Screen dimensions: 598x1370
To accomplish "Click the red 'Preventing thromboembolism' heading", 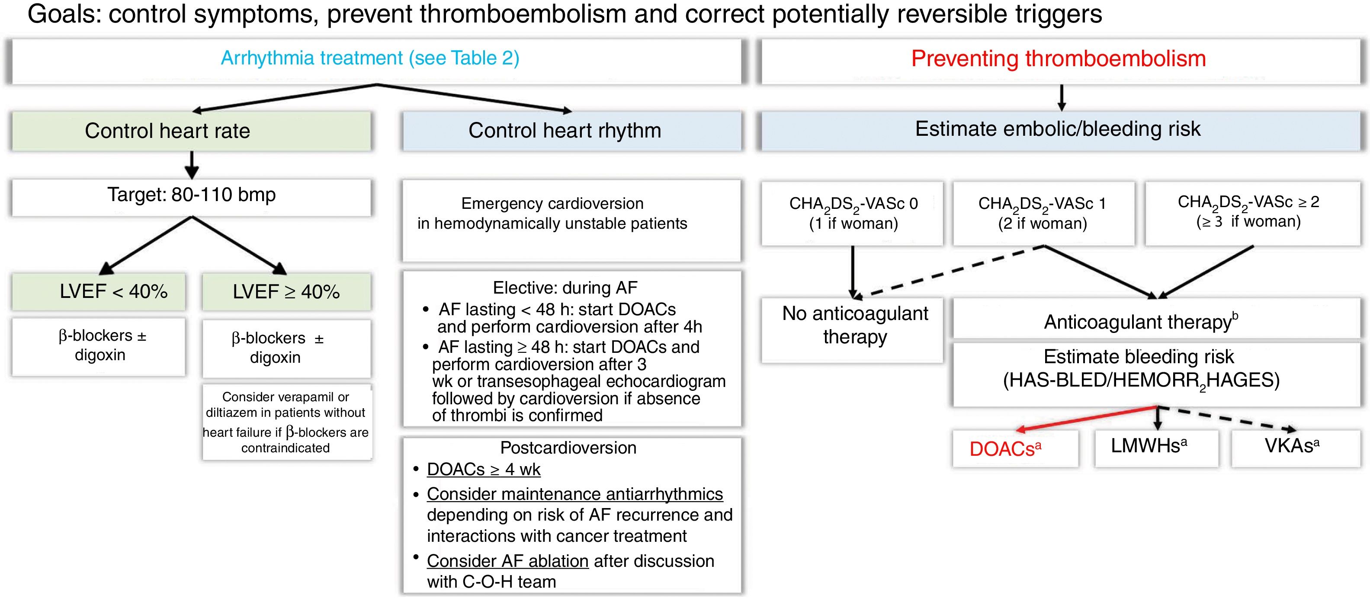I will point(1059,58).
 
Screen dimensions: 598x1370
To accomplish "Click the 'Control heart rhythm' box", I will point(565,131).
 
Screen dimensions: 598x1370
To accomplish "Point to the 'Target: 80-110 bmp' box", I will point(192,195).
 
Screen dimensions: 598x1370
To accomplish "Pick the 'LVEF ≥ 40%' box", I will point(286,291).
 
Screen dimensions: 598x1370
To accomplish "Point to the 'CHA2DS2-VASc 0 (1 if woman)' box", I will point(853,213).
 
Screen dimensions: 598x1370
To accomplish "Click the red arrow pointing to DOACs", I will point(1085,418).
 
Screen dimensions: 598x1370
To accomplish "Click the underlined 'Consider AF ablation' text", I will point(507,561).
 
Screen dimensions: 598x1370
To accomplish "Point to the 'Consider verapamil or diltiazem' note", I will point(286,422).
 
